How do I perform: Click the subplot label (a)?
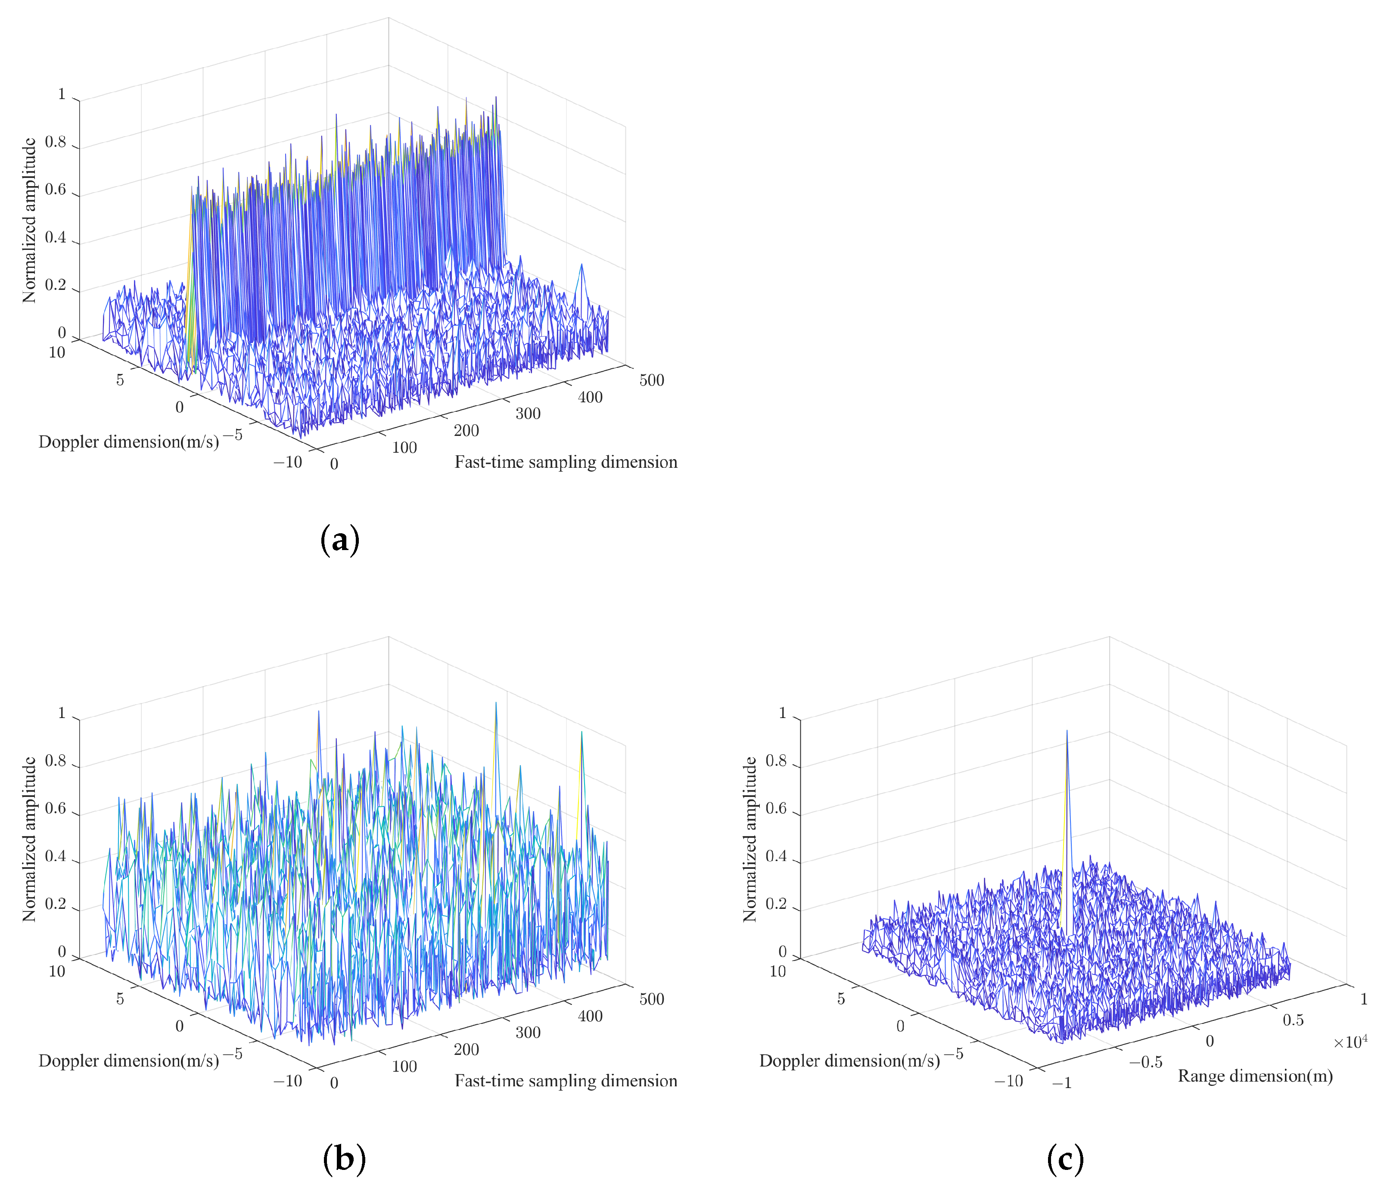pyautogui.click(x=341, y=540)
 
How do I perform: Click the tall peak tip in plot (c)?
pyautogui.click(x=1067, y=731)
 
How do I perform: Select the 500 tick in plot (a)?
pyautogui.click(x=651, y=381)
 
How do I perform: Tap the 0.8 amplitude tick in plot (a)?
pyautogui.click(x=56, y=142)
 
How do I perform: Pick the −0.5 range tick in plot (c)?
pyautogui.click(x=1145, y=1062)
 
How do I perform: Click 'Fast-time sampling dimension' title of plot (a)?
pyautogui.click(x=566, y=462)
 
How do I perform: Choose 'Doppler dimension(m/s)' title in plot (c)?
pyautogui.click(x=849, y=1060)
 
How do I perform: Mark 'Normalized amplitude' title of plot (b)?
pyautogui.click(x=29, y=840)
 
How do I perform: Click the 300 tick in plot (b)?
pyautogui.click(x=528, y=1033)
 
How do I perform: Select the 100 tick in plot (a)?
pyautogui.click(x=404, y=448)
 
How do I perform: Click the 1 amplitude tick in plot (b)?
pyautogui.click(x=62, y=713)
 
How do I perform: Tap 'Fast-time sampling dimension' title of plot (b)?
pyautogui.click(x=566, y=1081)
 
